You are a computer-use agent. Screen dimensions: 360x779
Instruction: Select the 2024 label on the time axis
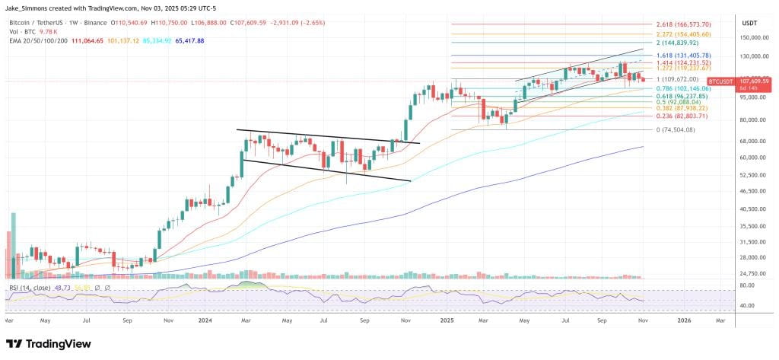(205, 321)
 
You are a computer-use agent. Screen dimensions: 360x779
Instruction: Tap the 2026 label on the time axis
(684, 321)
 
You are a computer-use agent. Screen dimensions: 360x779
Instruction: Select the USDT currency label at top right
(749, 23)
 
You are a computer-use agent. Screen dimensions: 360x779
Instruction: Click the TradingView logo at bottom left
(49, 344)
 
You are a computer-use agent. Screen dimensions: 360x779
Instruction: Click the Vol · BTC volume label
(23, 33)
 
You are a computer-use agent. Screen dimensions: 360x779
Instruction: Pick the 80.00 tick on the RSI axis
(747, 285)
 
